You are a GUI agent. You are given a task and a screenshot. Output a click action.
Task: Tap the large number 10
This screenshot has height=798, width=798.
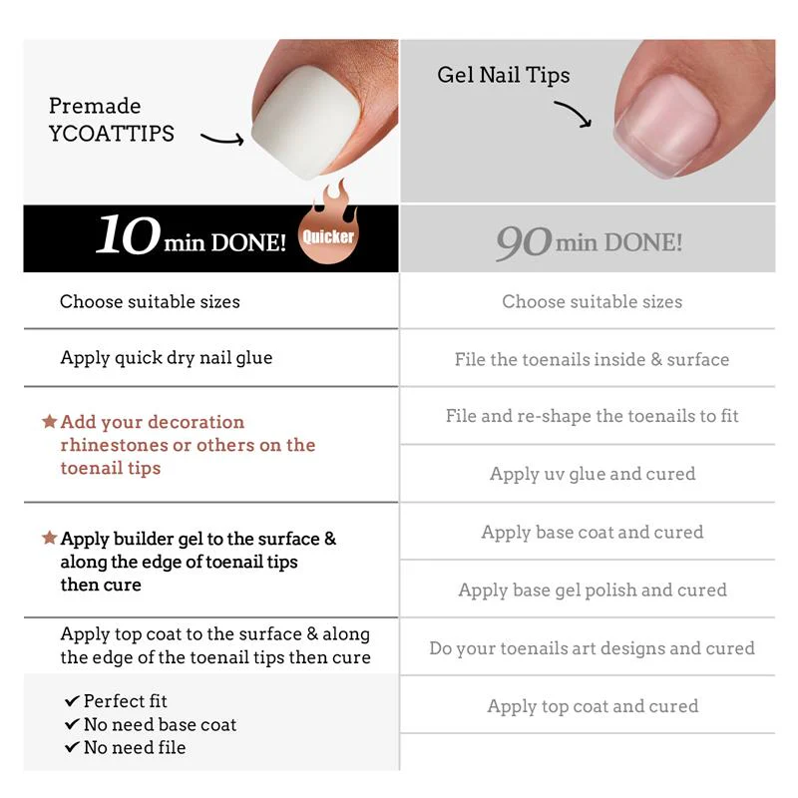(129, 234)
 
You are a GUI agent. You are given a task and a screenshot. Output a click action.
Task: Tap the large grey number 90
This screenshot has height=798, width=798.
(524, 242)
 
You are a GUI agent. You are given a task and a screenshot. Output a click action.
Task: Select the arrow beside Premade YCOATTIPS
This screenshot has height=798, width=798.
(221, 139)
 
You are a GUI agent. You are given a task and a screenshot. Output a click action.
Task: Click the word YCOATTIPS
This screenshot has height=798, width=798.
(112, 134)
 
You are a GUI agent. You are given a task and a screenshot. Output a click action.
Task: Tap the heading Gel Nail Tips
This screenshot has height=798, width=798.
(504, 76)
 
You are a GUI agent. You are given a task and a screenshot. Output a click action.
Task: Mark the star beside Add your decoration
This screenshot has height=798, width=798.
(49, 421)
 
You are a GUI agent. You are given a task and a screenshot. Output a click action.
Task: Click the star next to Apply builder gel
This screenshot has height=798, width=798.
(49, 538)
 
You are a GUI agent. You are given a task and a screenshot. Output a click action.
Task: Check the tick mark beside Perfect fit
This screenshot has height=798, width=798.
(72, 701)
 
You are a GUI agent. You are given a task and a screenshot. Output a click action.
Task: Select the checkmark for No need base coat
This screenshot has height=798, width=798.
(72, 724)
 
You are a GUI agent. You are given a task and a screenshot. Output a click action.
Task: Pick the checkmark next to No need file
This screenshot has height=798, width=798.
(72, 747)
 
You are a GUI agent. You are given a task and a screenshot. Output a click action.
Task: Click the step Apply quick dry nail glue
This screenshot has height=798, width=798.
(167, 358)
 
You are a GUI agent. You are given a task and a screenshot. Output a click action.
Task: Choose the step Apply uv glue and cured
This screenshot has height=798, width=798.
(593, 474)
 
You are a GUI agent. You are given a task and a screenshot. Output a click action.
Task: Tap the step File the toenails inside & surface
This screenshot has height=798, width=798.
(592, 359)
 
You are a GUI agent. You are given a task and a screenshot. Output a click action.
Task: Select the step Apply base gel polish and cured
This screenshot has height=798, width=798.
(593, 591)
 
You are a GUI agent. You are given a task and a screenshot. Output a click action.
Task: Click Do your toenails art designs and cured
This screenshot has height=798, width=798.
(592, 648)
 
